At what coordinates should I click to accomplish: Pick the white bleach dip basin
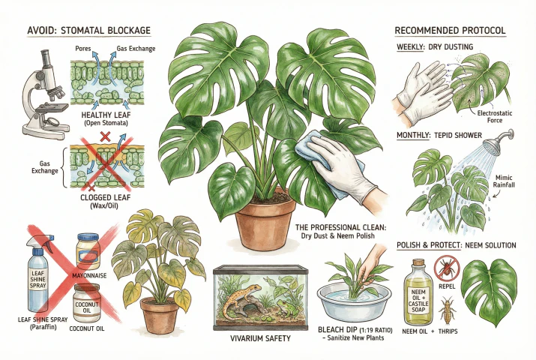pyautogui.click(x=358, y=299)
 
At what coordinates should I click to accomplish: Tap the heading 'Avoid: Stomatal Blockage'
pyautogui.click(x=88, y=31)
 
